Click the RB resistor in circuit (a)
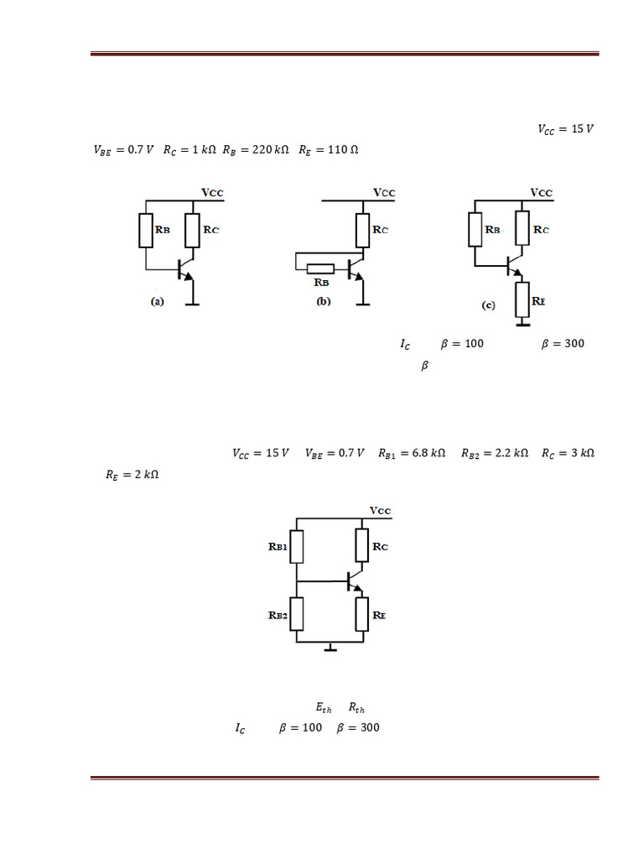[x=146, y=231]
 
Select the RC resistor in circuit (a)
[x=192, y=231]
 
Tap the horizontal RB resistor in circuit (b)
[x=321, y=269]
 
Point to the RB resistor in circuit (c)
[x=475, y=229]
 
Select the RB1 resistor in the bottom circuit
[x=296, y=546]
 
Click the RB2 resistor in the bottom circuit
[x=296, y=614]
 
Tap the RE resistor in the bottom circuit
[x=362, y=614]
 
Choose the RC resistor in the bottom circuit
[x=362, y=546]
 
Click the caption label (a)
[x=157, y=302]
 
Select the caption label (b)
[x=324, y=302]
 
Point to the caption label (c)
[x=488, y=306]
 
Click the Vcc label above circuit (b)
[x=384, y=193]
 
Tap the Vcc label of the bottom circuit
[x=380, y=510]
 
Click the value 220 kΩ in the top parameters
[x=270, y=150]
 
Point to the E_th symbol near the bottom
[x=324, y=709]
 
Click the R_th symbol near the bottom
[x=356, y=709]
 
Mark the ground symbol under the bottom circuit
[x=330, y=647]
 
